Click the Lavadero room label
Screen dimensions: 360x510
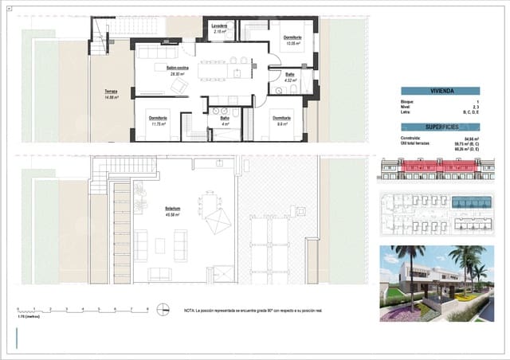pos(220,27)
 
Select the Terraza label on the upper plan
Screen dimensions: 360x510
pos(111,92)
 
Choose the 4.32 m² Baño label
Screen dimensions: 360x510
pos(290,76)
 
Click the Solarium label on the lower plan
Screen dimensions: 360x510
pos(172,209)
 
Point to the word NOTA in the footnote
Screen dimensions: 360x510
pos(190,310)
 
